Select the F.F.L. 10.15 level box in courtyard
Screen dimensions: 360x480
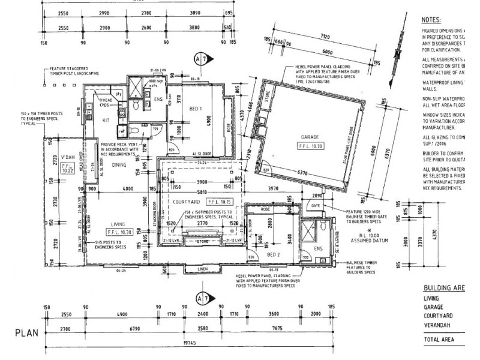coord(218,202)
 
